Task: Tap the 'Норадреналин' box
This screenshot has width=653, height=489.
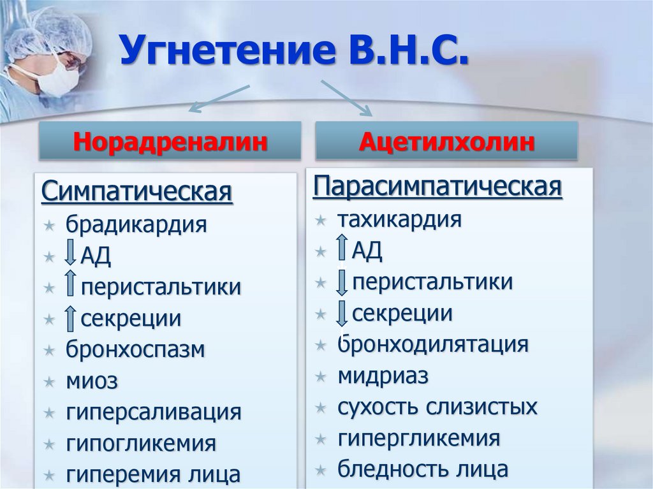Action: tap(170, 141)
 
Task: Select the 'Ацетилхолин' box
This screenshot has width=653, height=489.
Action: tap(446, 141)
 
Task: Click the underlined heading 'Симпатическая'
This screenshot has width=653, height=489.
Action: tap(137, 191)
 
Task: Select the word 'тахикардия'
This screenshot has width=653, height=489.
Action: tap(399, 220)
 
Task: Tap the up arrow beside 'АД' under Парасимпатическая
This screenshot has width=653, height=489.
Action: tap(342, 249)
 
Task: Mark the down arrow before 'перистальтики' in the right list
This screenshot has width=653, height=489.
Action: tap(342, 282)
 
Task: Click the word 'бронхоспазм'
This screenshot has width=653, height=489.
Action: tap(135, 349)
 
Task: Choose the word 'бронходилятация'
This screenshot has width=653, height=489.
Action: tap(433, 344)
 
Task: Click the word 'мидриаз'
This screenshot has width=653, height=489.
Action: tap(383, 376)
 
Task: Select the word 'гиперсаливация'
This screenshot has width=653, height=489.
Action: tap(153, 412)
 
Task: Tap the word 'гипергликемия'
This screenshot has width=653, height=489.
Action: tap(418, 438)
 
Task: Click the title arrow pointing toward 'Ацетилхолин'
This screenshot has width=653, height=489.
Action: tap(347, 97)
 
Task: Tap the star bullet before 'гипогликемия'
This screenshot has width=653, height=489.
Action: tap(50, 443)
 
